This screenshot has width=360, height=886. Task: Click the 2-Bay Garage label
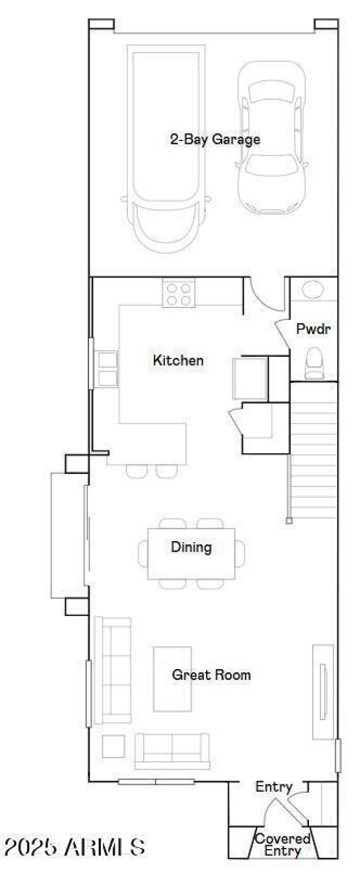(215, 139)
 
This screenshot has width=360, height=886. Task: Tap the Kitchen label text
(178, 360)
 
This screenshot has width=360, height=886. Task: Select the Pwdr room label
(314, 329)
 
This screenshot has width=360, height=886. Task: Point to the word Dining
(191, 547)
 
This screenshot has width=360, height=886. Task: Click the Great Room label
(211, 675)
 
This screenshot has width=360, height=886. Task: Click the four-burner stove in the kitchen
(179, 293)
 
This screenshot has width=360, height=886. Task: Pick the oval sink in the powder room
(313, 289)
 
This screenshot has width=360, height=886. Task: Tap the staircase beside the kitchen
(314, 450)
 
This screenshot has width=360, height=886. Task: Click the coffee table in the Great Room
(172, 679)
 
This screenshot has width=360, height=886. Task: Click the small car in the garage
(272, 138)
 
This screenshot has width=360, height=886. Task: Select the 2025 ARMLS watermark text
(75, 847)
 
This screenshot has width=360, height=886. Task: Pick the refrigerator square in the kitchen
(250, 378)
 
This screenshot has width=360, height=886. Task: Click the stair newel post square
(289, 521)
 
